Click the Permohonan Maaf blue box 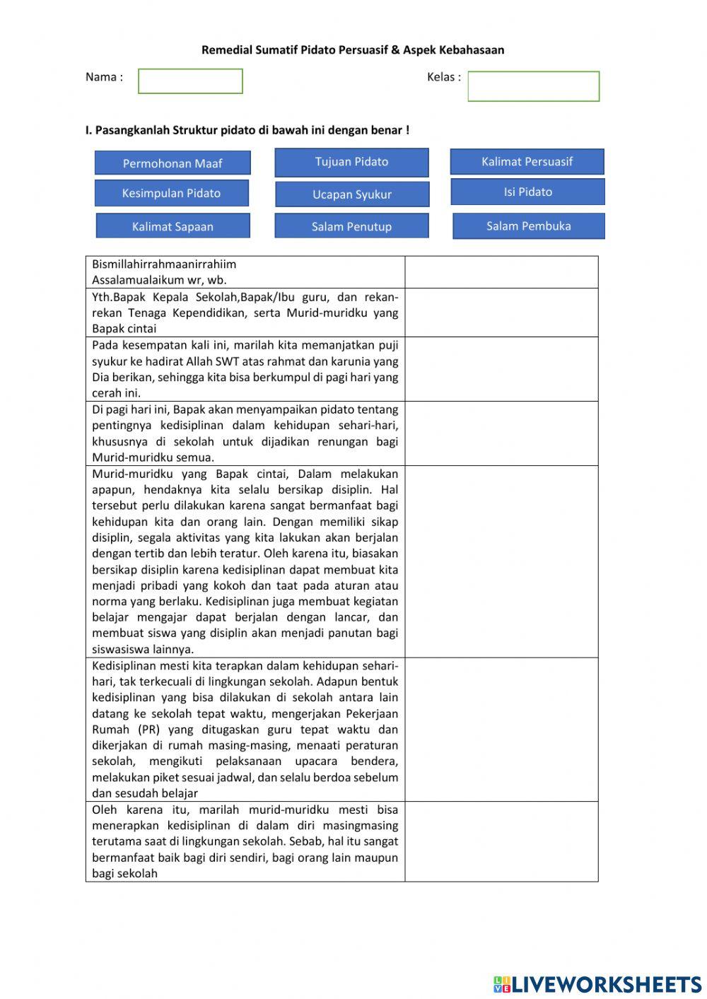pos(173,163)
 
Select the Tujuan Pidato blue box pos(351,162)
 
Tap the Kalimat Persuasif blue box pos(527,161)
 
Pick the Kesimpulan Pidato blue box pos(172,193)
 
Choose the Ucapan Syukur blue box pos(352,194)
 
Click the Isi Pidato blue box pos(527,192)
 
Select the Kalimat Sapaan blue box pos(173,226)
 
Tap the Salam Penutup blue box pos(351,226)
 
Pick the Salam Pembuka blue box pos(528,226)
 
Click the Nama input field pos(190,81)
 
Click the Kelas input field pos(533,86)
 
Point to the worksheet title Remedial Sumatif pos(353,49)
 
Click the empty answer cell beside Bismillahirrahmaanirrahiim pos(501,272)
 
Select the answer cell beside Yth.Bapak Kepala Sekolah pos(501,312)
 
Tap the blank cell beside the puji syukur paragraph pos(501,369)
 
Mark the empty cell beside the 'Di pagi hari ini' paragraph pos(501,433)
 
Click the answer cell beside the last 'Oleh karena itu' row pos(501,841)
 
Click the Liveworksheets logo pos(597,983)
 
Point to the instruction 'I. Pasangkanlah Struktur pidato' pos(247,130)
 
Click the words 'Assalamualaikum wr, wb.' pos(159,280)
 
